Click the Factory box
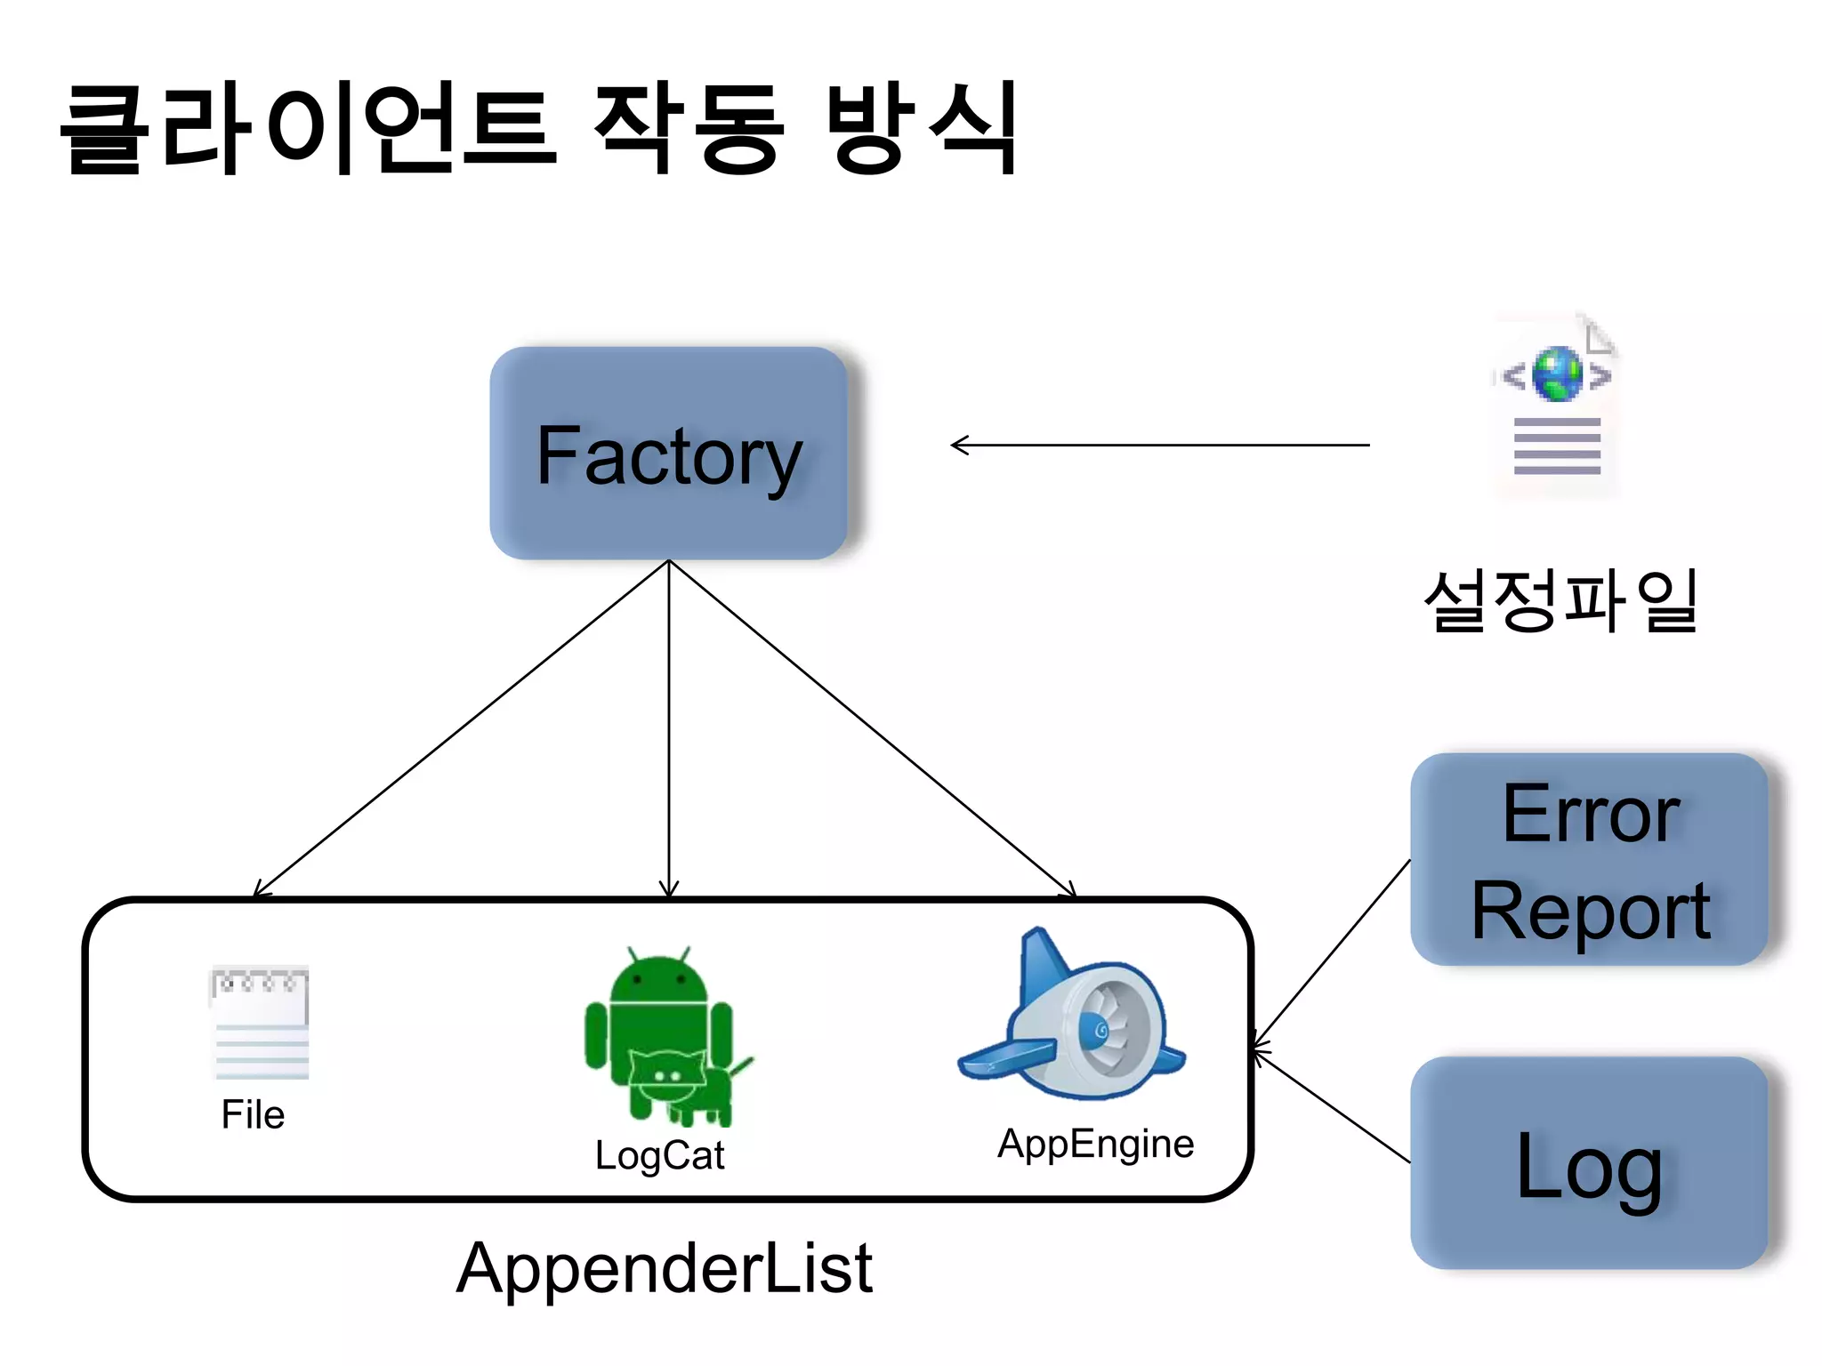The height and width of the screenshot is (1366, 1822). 668,454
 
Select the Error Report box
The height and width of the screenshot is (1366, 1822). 1590,859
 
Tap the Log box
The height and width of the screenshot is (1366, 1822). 1590,1163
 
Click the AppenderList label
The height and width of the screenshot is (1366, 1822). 664,1268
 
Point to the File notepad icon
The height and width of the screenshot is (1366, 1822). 260,1023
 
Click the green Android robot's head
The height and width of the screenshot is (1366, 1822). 658,978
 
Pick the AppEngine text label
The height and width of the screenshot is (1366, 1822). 1095,1144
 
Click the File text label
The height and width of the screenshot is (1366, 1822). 253,1115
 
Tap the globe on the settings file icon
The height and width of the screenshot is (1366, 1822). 1557,374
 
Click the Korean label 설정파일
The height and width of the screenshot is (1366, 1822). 1561,602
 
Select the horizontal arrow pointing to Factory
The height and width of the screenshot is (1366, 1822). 1157,445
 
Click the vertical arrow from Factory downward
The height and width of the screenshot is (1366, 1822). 669,729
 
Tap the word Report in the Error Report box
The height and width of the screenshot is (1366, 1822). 1590,912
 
